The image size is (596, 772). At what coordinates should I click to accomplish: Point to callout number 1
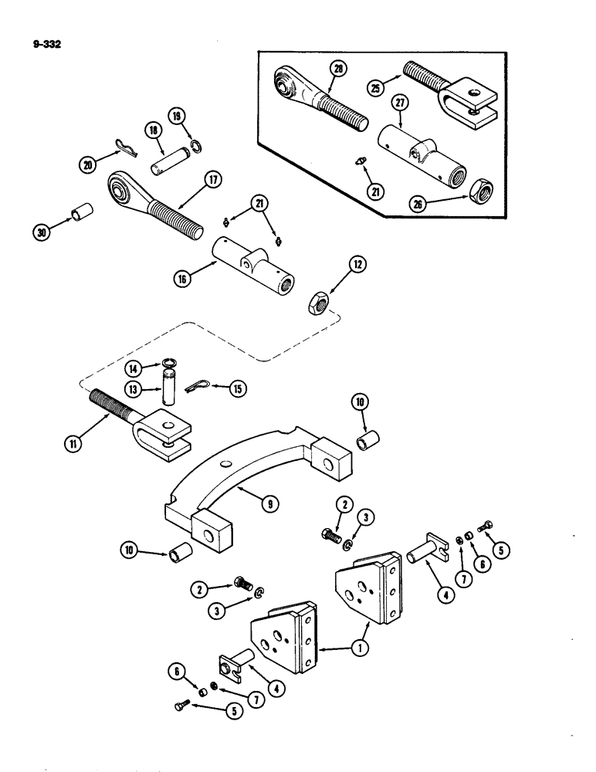(357, 649)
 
